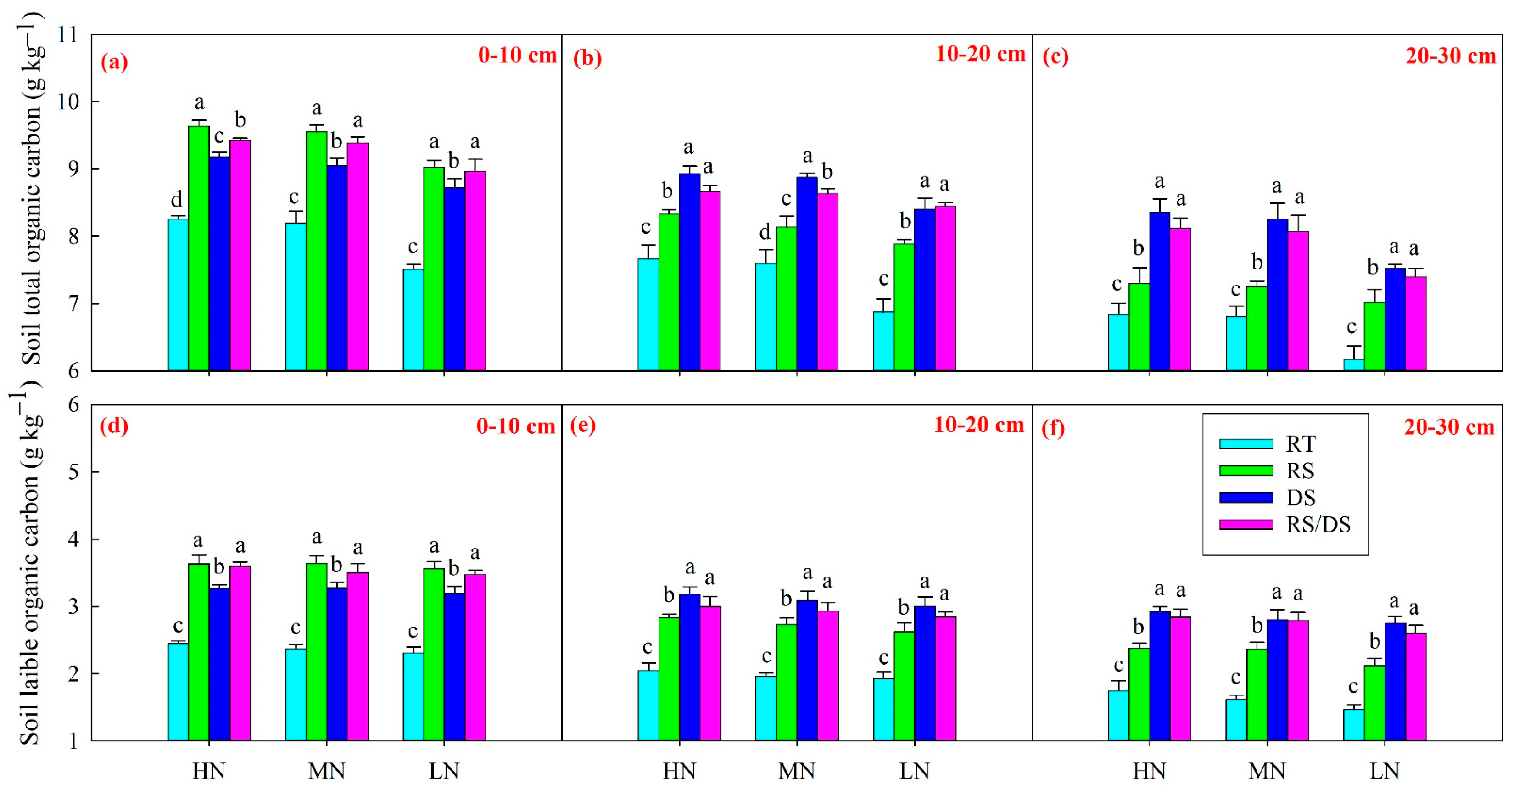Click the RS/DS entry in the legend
click(x=1318, y=525)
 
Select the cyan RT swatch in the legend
click(x=1245, y=444)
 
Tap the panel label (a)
click(x=114, y=62)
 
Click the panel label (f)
click(x=1053, y=427)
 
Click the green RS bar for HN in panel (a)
click(x=199, y=248)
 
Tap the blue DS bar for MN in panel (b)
click(x=807, y=274)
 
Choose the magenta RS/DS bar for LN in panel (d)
click(x=475, y=657)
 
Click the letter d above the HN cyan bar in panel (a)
click(x=176, y=199)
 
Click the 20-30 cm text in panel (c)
click(x=1451, y=56)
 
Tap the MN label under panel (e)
click(x=797, y=771)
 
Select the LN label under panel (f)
click(x=1384, y=771)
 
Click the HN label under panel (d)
click(x=209, y=771)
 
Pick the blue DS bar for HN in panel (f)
click(x=1159, y=676)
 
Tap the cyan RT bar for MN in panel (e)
click(x=765, y=708)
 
